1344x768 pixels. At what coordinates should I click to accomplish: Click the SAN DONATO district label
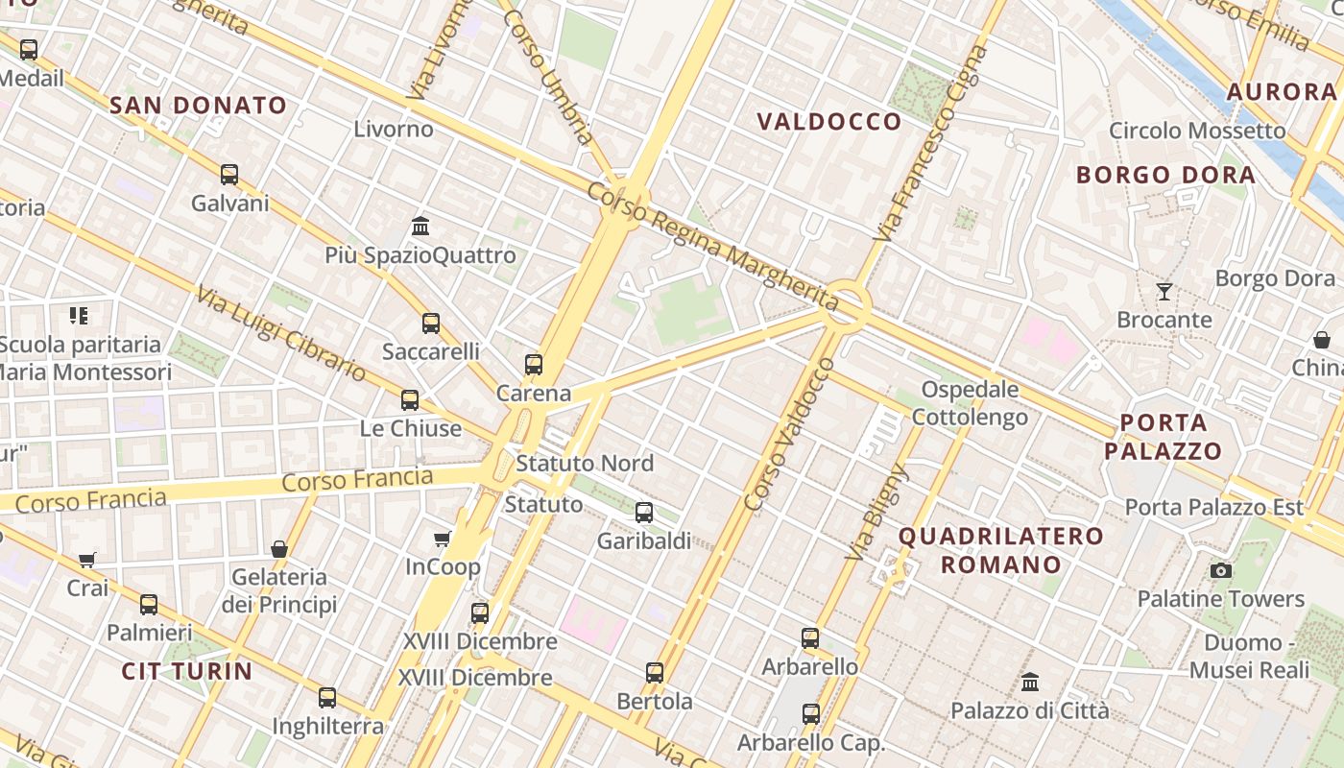199,106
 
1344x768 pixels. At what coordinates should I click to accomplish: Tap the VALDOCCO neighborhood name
829,122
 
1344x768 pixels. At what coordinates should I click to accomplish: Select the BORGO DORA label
1165,176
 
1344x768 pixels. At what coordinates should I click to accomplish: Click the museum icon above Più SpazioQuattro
420,227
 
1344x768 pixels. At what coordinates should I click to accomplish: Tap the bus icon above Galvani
229,175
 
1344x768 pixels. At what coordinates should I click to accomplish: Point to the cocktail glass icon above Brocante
1164,291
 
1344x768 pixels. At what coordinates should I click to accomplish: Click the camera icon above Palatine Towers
1220,570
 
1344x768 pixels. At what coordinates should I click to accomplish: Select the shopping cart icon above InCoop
443,539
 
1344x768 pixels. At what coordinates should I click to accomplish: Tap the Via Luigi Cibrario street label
281,332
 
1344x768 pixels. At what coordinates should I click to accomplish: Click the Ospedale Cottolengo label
970,403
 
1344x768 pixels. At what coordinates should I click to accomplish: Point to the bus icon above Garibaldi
644,513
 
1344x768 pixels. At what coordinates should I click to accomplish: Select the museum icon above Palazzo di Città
1030,683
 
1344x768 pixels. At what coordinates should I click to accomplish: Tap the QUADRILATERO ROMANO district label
1001,549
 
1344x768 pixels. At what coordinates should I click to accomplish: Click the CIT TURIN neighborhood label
186,671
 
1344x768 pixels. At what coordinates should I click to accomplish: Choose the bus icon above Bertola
655,673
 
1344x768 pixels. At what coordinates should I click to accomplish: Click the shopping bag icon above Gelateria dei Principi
279,549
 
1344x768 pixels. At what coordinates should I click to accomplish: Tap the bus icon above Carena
534,365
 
